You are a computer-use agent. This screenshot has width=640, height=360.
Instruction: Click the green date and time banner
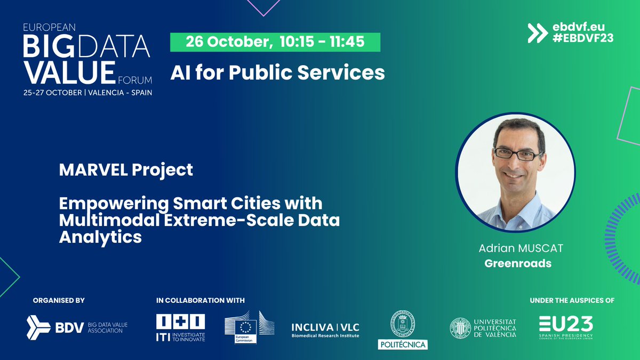point(275,42)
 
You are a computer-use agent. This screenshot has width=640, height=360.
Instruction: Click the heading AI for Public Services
point(277,73)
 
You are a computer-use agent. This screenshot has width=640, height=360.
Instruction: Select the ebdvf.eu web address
point(580,26)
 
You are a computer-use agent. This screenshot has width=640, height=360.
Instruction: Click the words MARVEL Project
point(126,171)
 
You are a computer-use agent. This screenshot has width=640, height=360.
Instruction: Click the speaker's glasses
point(517,155)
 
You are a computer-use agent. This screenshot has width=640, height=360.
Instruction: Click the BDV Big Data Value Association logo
point(75,327)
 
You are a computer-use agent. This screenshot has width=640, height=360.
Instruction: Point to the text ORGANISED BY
point(58,301)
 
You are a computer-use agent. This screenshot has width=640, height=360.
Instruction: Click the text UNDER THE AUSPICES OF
point(572,301)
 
